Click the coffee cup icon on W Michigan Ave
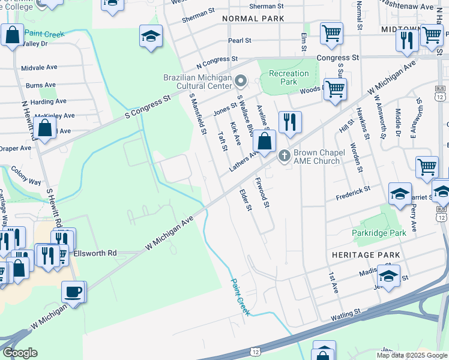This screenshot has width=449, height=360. point(73,292)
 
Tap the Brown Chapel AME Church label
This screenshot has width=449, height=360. point(316,157)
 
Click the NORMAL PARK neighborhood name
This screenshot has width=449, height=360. point(253,19)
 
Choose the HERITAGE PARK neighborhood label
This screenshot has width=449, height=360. point(366,255)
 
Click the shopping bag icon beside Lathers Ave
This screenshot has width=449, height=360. point(264,142)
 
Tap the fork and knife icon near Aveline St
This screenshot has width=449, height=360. point(289,122)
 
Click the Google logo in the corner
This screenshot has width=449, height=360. point(20,353)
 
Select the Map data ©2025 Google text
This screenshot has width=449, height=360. point(411,355)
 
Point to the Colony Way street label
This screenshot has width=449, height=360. point(26,176)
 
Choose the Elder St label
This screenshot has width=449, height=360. point(245,200)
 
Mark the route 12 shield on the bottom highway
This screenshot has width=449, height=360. point(256,351)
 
